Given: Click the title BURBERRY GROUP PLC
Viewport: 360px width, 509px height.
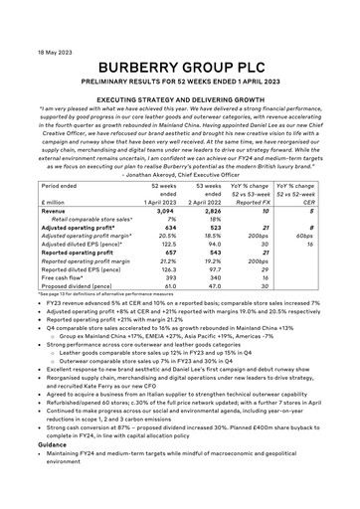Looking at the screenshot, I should [x=179, y=41].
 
